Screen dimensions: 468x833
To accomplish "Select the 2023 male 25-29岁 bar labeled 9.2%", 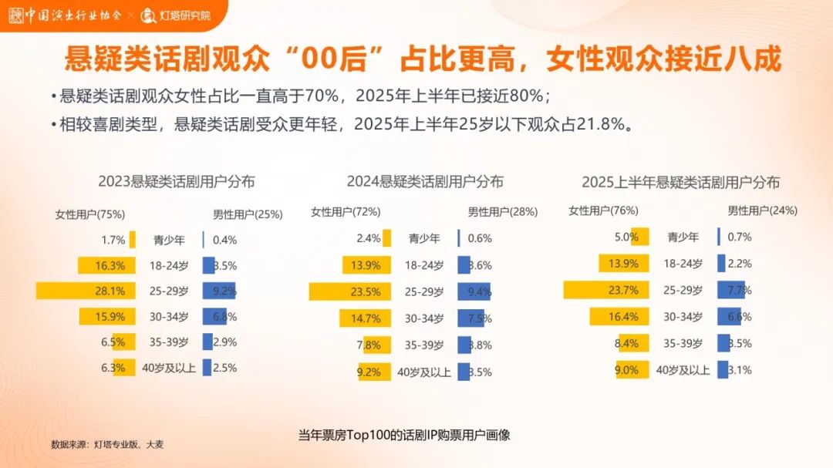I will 219,291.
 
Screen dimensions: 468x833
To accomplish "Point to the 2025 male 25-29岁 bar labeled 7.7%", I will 729,290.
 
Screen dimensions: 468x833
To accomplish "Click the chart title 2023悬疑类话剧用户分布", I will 177,182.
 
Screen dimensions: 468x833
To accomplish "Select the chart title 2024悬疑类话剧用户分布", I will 425,182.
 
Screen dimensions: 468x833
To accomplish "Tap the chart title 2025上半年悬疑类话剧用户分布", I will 680,183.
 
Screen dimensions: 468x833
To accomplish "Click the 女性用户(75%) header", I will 90,214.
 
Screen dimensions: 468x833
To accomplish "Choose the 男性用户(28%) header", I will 503,212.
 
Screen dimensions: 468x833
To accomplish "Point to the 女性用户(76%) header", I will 603,210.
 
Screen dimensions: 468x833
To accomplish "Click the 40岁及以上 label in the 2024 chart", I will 424,372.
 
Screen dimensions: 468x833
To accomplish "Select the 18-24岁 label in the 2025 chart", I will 683,264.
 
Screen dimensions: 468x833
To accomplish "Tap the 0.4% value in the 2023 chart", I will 224,240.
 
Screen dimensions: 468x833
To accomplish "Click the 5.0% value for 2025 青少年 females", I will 626,237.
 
